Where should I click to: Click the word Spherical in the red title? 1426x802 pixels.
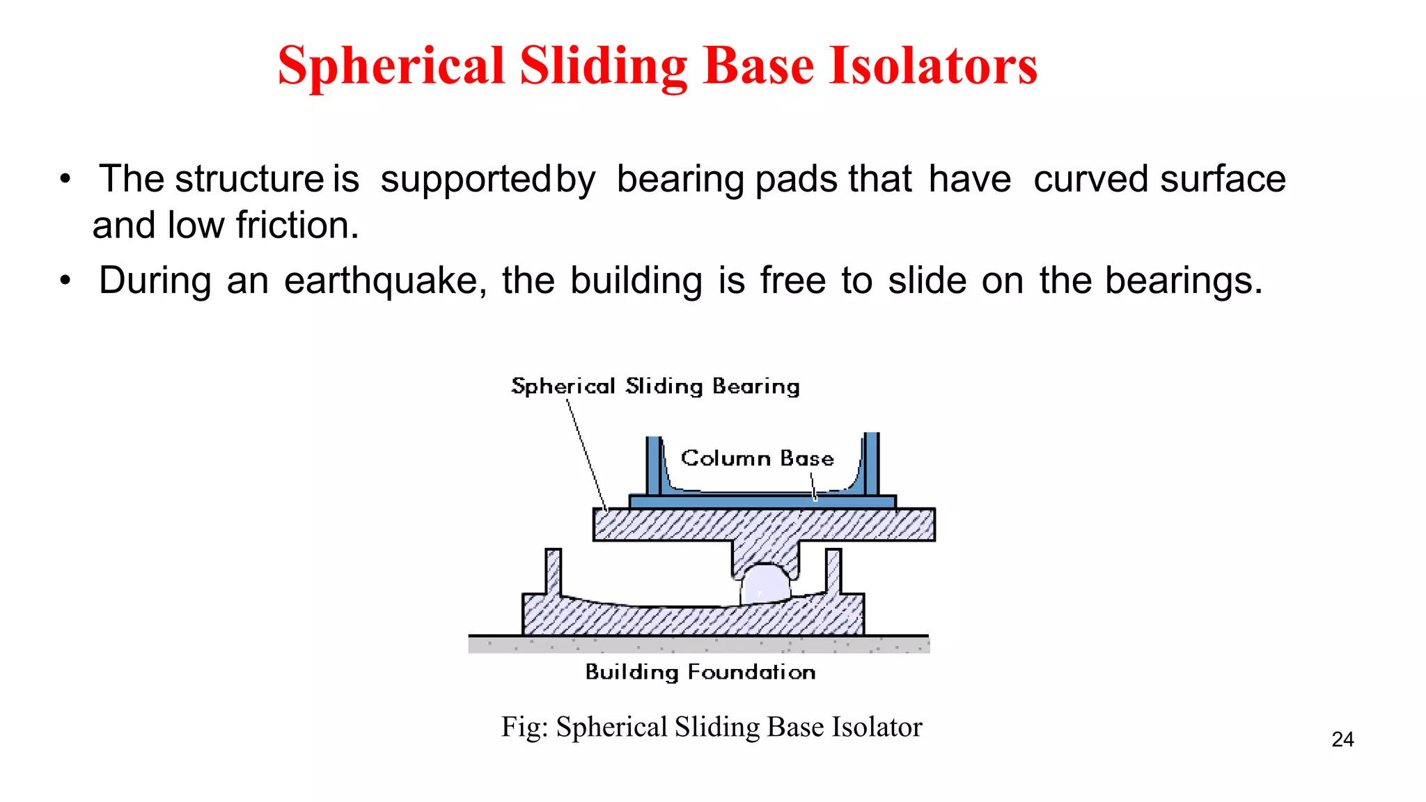pos(391,66)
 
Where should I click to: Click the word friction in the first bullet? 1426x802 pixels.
pos(297,226)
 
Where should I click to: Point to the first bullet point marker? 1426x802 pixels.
pos(65,179)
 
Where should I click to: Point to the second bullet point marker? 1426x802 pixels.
pos(65,281)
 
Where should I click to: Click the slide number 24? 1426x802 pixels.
pos(1342,739)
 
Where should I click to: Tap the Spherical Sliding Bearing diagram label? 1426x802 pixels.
pos(655,386)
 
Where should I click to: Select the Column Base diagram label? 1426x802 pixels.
pos(757,458)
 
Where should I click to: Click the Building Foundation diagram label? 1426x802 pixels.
pos(700,672)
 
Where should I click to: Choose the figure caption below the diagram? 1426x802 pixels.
pos(712,727)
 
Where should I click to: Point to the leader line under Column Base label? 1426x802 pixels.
pos(813,486)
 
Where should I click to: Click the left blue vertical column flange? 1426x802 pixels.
pos(653,465)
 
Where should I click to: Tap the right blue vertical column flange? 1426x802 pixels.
pos(871,463)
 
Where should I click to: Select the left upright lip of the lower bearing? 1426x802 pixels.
pos(553,571)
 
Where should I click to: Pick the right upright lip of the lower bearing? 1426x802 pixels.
pos(833,571)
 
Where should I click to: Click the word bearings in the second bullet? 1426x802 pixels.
pos(1183,281)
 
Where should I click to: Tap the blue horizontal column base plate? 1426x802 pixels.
pos(762,501)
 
